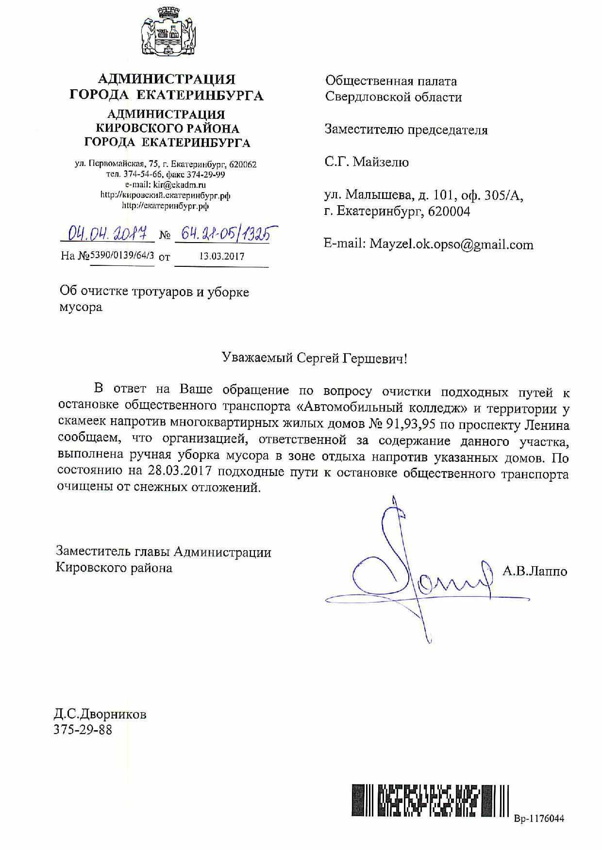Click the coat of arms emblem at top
coord(168,35)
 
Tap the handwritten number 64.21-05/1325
coord(225,234)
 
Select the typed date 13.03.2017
coord(222,256)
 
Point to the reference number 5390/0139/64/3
coord(122,255)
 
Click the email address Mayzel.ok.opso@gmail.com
coord(451,244)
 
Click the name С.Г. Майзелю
coord(367,162)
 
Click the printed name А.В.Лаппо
coord(535,571)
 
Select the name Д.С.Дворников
coord(100,714)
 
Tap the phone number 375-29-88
coord(83,729)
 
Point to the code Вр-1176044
coord(539,818)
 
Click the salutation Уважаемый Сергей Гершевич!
coord(315,358)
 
